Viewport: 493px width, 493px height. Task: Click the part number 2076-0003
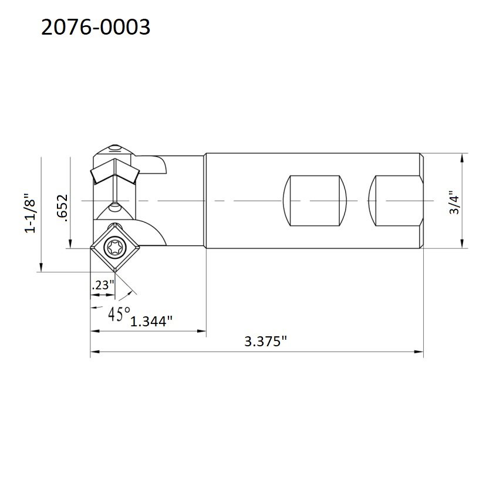coord(96,27)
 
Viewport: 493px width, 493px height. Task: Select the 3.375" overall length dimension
coord(266,341)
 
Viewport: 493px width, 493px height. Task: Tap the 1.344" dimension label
coord(151,322)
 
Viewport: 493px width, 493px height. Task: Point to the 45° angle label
coord(119,313)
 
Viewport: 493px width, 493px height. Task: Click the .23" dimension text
coord(103,285)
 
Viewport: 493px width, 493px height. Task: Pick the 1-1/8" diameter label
coord(31,213)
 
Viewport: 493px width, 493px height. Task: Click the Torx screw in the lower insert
coord(113,247)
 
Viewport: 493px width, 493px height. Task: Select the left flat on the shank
coord(315,201)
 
